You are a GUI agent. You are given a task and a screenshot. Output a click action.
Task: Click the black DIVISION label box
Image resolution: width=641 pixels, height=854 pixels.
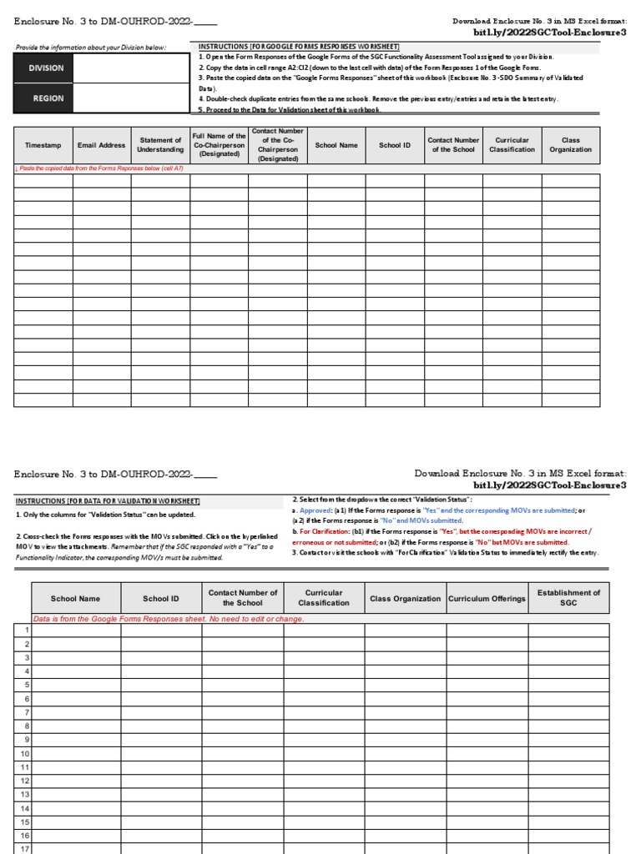click(45, 68)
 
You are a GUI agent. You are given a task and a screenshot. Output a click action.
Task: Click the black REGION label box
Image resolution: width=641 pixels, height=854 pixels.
click(45, 98)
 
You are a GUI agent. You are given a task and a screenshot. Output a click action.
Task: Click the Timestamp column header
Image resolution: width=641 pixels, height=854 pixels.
click(43, 145)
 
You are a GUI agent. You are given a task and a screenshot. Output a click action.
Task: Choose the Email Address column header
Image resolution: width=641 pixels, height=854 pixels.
click(101, 145)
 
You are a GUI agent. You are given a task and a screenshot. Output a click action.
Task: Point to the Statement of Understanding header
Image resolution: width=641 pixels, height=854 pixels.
click(160, 145)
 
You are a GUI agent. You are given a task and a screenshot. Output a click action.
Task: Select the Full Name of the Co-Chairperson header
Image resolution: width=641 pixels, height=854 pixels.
click(219, 145)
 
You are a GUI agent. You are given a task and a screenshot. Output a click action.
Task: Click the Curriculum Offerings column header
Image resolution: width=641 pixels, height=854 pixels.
click(487, 599)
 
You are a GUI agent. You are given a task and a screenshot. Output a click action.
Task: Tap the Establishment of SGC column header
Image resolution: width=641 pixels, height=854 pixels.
click(568, 598)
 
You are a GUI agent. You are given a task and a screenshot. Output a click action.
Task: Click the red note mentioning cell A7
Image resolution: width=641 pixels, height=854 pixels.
click(100, 168)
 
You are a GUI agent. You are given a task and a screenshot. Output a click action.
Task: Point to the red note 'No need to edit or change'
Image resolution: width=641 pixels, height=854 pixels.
click(168, 619)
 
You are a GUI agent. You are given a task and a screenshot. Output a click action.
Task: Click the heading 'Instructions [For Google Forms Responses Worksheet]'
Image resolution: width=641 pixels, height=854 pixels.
click(299, 47)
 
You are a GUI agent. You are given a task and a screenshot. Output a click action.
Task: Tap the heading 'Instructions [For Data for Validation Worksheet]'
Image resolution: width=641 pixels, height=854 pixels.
click(108, 500)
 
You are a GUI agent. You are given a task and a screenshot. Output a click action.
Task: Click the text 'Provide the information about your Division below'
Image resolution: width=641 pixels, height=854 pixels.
click(90, 48)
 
